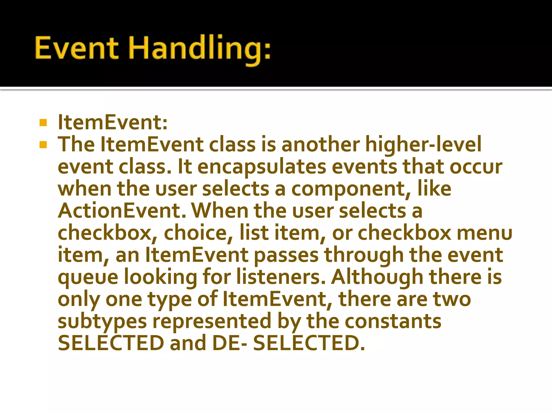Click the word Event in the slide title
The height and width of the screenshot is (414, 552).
(x=77, y=48)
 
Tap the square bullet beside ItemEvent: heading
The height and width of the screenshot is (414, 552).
(x=43, y=123)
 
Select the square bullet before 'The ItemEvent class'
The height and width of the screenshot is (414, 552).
(x=43, y=145)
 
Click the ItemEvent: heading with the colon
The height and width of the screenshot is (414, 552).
(x=113, y=122)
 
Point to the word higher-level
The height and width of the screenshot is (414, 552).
(x=423, y=144)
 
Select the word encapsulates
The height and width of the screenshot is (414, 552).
(x=262, y=167)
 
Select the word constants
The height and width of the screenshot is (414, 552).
(x=393, y=321)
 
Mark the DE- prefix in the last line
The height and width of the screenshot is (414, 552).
(x=229, y=343)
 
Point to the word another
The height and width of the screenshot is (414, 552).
(x=320, y=145)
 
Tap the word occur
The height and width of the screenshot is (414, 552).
(x=476, y=167)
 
